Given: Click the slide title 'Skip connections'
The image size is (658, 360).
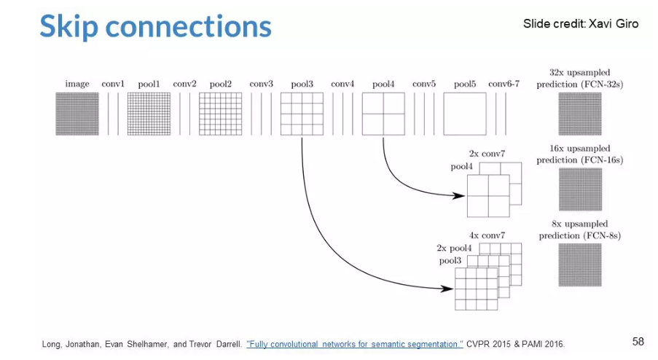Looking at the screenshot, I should coord(154,26).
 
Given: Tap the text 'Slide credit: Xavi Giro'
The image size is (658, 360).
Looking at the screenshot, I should coord(580,24).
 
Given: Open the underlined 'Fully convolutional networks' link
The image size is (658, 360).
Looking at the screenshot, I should coord(354,344).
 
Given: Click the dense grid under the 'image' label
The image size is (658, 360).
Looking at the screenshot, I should coord(77,114).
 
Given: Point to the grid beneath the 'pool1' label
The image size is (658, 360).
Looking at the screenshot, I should coord(149,114).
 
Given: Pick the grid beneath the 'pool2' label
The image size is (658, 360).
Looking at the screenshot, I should coord(220,114).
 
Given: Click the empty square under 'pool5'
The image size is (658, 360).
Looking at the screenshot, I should coord(465,114).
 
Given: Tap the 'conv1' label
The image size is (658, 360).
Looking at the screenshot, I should coord(112,84).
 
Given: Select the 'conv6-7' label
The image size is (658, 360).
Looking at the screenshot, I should coord(504,84).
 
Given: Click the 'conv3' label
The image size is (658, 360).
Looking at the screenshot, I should coord(261,84).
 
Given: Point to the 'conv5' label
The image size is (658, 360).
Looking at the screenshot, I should coord(423,84).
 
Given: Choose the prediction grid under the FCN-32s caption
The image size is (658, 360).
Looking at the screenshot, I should coord(580,114).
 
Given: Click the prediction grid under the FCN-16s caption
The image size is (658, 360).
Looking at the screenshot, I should coord(580,189).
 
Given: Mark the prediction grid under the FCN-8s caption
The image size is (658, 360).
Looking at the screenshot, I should coord(580,265).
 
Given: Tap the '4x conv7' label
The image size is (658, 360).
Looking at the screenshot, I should coord(487,235).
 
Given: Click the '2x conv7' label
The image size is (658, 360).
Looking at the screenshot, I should coord(487,154).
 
